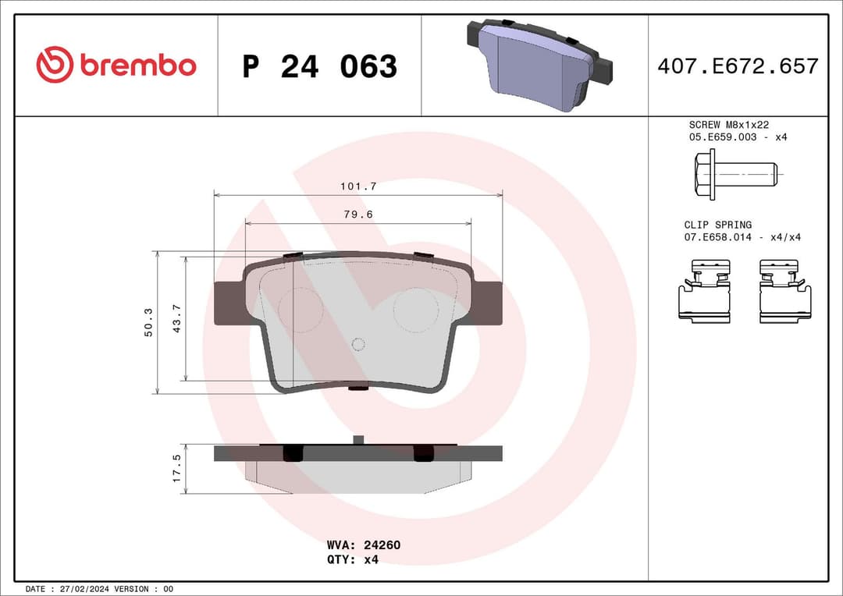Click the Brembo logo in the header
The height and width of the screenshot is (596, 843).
coord(116,66)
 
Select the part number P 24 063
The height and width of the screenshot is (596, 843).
coord(319,67)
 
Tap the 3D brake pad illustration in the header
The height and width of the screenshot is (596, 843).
coord(539,65)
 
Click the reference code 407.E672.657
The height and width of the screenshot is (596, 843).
coord(738,66)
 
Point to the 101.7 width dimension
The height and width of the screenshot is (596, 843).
coord(358,186)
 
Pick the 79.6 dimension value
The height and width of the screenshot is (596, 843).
coord(358,215)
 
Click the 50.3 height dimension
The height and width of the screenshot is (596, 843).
coord(148,321)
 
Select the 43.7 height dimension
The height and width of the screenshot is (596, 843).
coord(177,318)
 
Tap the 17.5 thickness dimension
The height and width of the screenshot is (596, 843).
coord(177,468)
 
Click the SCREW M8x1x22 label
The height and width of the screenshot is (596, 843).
coord(729,125)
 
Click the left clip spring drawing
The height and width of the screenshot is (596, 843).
coord(704,291)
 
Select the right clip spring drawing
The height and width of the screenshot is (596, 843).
coord(784,291)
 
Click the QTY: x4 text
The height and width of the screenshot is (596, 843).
coord(352,559)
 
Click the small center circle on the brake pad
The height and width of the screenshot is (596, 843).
coord(358,344)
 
